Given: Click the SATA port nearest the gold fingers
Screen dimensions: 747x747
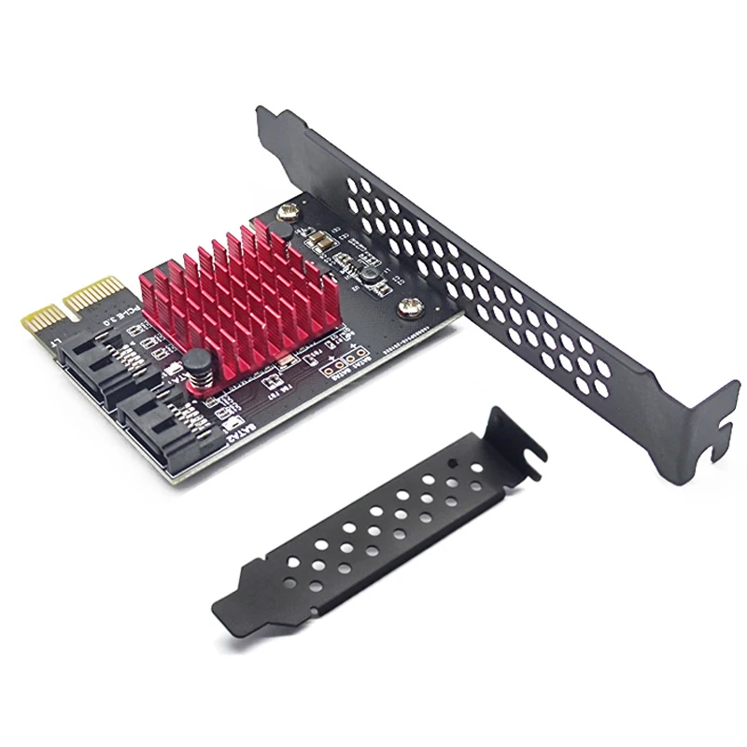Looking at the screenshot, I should (92, 368).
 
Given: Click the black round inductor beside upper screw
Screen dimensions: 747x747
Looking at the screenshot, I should (371, 273).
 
